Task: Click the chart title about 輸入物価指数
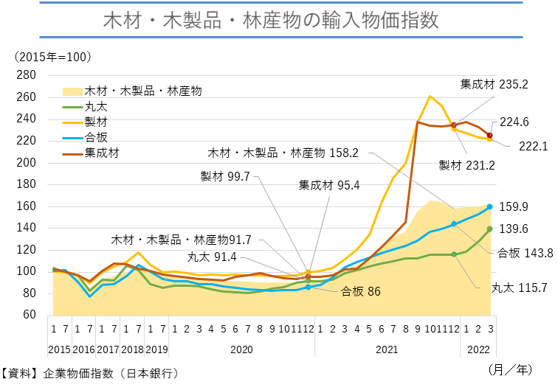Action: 278,20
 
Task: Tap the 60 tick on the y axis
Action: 29,315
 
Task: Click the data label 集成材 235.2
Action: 494,84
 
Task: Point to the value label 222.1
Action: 533,146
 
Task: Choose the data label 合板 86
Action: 361,291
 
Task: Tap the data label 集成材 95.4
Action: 329,185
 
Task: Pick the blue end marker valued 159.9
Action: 489,207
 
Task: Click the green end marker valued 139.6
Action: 489,229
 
